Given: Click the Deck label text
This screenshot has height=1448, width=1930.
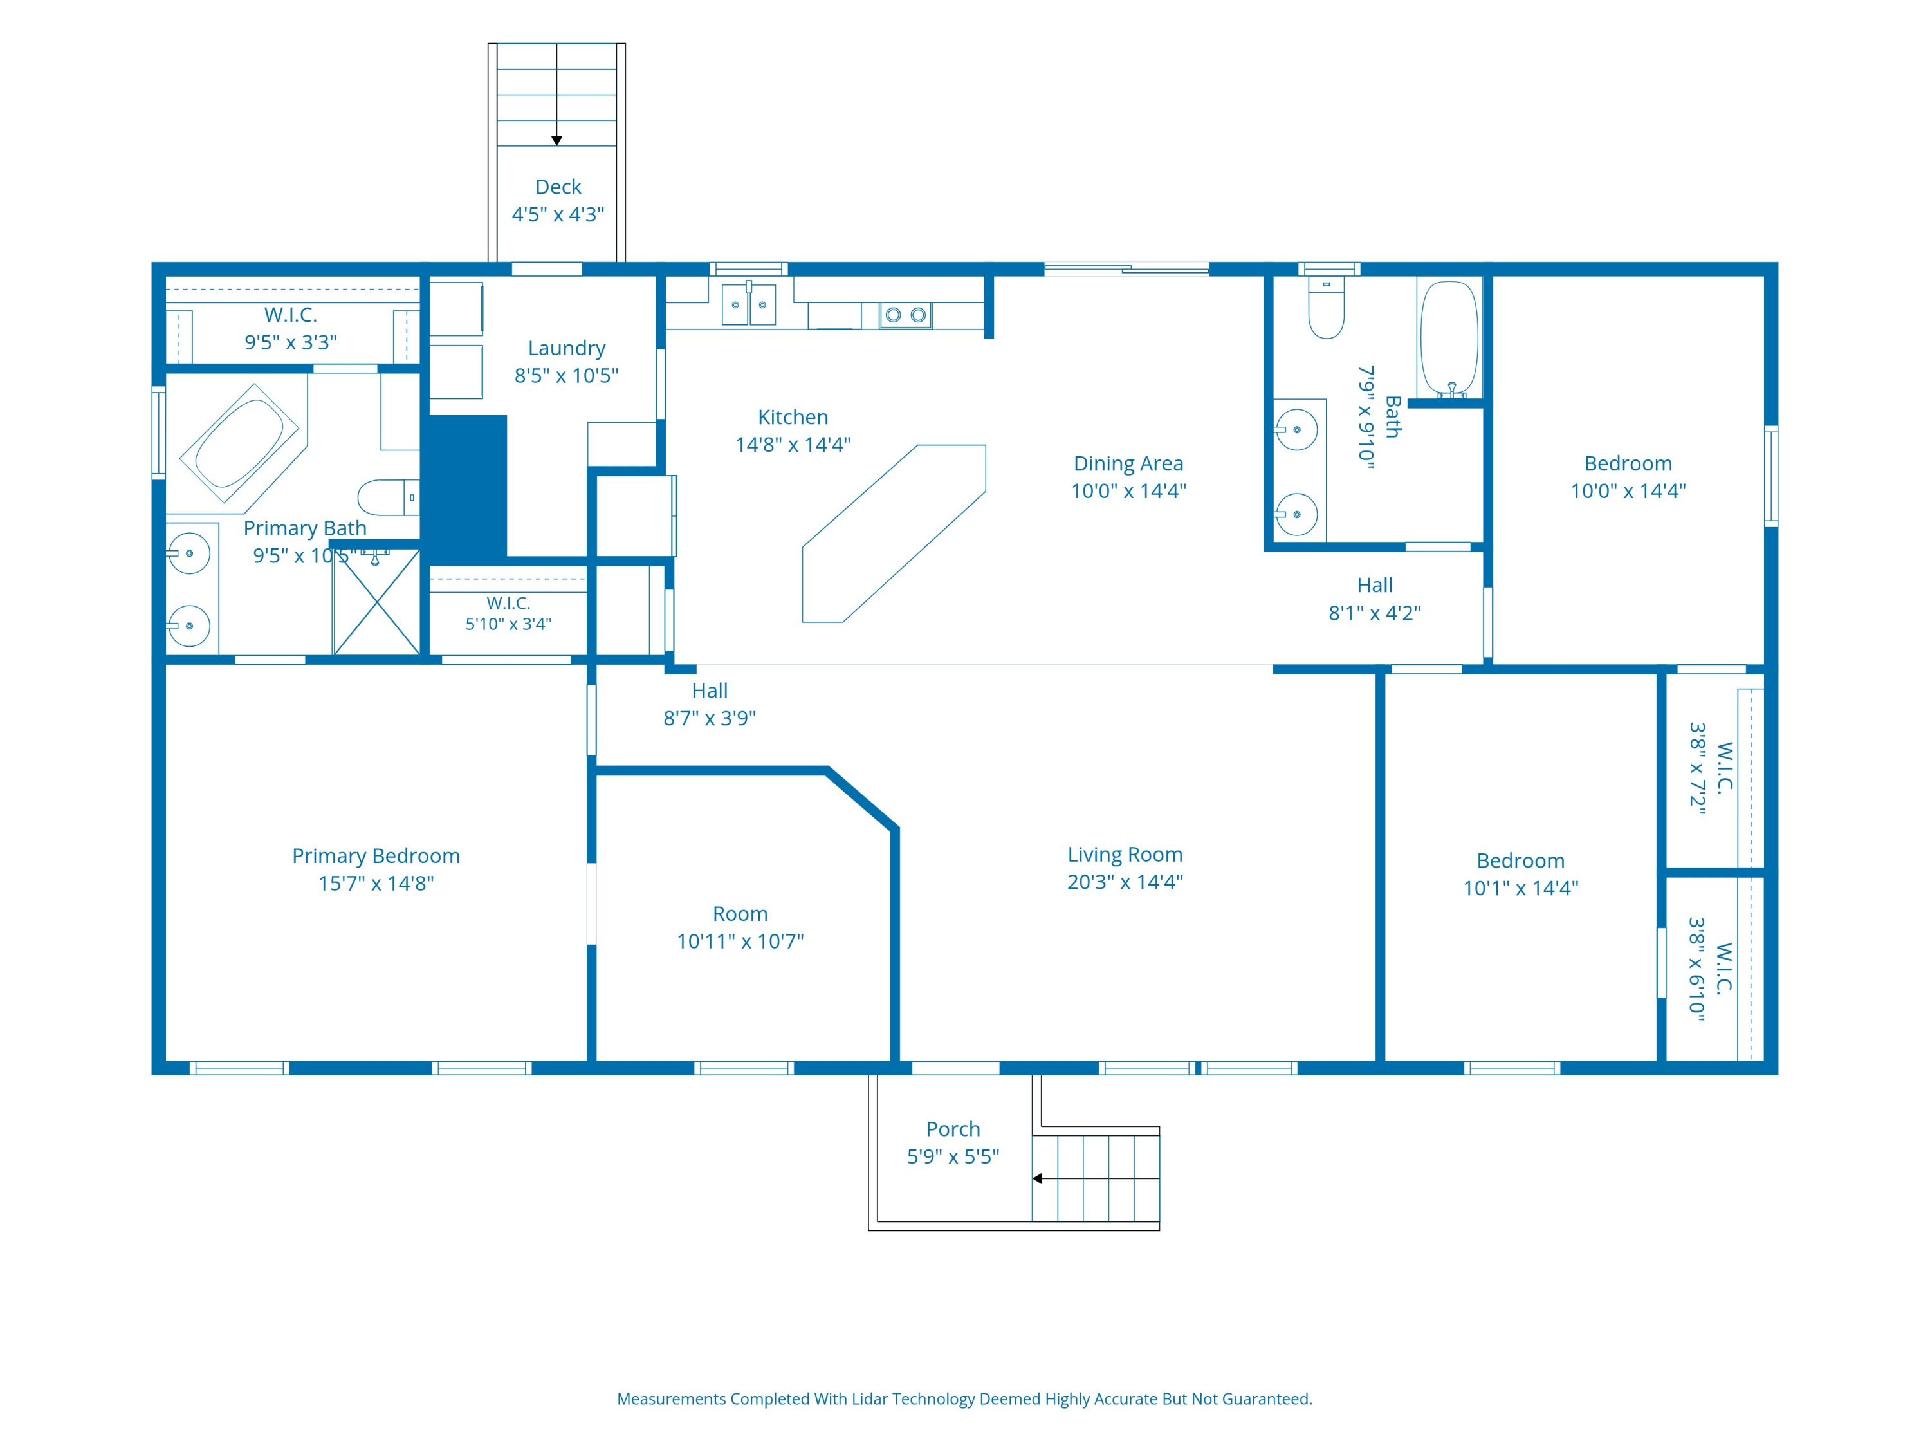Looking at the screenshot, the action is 558,187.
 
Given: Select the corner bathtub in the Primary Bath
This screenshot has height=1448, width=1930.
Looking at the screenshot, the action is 240,443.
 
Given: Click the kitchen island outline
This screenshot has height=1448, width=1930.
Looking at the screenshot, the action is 894,534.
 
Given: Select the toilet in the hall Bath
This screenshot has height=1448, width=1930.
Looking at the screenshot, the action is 1326,307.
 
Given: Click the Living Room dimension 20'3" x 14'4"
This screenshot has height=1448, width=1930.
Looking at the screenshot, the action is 1125,882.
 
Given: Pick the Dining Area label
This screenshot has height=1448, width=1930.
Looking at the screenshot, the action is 1128,463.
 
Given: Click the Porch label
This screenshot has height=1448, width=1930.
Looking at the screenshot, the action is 953,1129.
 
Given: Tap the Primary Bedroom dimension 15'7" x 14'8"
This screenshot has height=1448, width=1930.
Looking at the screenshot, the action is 376,884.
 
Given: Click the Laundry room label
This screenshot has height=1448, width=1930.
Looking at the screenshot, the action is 566,348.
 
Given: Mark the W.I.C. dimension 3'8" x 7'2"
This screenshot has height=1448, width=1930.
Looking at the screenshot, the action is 1697,768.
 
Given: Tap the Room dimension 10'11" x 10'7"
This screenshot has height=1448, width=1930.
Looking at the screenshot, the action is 740,941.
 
